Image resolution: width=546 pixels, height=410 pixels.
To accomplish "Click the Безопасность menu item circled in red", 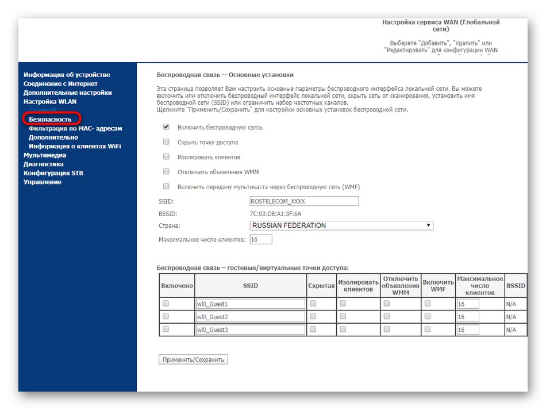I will (x=50, y=119).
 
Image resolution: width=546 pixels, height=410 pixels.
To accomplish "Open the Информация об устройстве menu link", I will (x=67, y=75).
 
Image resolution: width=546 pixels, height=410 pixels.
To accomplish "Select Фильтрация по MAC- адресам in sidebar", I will (x=75, y=129).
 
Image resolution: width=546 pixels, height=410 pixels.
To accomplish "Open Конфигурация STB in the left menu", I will (x=54, y=173).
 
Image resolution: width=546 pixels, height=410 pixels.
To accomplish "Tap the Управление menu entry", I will (x=42, y=182).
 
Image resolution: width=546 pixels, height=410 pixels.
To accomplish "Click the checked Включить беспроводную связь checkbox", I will (x=166, y=127).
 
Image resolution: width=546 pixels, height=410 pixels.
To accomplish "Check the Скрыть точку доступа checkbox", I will (x=166, y=142).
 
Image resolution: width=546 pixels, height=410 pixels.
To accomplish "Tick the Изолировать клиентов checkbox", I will (x=166, y=157).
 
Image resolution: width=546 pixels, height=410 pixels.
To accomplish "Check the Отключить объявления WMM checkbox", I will (x=166, y=172).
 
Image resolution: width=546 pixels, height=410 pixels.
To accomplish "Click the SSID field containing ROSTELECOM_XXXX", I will (x=304, y=201).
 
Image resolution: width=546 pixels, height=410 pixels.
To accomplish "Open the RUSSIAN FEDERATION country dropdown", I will (x=341, y=225).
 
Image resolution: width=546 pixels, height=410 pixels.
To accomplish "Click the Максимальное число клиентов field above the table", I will (x=261, y=239).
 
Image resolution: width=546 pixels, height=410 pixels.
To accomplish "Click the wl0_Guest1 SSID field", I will (x=250, y=304).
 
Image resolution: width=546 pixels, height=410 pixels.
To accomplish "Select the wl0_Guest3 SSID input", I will (x=250, y=330).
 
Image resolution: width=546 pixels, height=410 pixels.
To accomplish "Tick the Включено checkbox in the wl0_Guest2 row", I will (x=166, y=317).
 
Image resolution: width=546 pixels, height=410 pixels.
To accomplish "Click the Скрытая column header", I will (x=321, y=285).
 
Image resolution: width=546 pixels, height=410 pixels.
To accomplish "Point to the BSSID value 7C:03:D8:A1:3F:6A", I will (x=276, y=214).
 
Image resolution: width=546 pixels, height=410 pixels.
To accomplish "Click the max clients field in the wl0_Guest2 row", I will (x=468, y=317).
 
